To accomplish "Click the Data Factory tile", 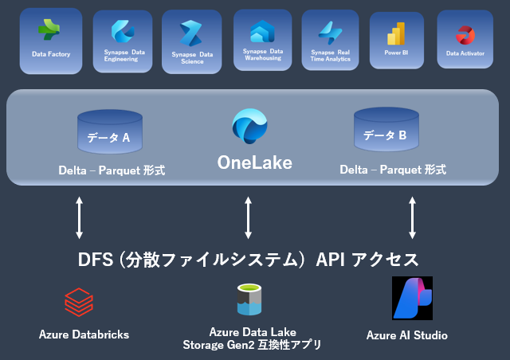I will [50, 41].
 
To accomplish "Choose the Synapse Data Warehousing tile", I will [262, 41].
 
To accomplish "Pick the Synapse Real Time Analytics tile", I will [330, 41].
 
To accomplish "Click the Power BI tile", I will [397, 41].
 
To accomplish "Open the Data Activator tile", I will [465, 41].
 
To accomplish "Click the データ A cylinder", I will [109, 132].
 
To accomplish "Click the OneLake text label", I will [255, 163].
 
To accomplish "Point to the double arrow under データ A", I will [79, 217].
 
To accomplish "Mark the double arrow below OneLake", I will [249, 217].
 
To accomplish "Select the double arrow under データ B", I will [412, 217].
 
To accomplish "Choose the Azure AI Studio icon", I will [412, 298].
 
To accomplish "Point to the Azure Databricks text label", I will [84, 334].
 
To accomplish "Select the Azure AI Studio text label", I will [407, 335].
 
